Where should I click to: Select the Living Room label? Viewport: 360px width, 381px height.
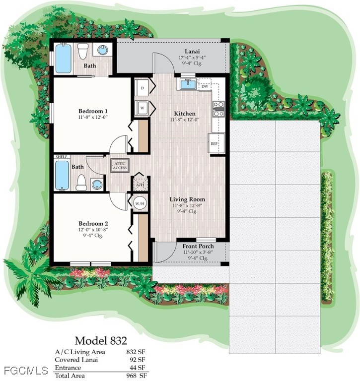tap(187, 199)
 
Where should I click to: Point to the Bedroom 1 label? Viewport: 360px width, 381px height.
tap(93, 111)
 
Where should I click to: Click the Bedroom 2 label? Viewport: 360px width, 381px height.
tap(93, 216)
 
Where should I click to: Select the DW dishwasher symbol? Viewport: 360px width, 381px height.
tap(205, 86)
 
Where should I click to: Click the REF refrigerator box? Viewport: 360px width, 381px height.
tap(215, 143)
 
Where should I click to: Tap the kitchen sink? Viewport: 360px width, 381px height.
tap(187, 84)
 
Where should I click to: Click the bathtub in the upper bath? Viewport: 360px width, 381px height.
tap(63, 59)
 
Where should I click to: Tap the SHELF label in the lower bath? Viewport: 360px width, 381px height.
tap(62, 157)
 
